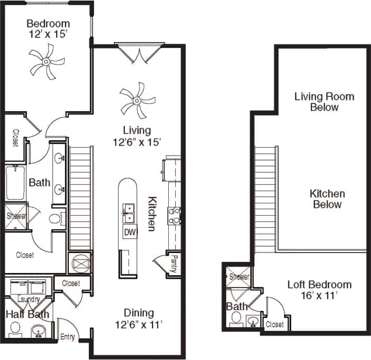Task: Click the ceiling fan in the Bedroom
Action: pyautogui.click(x=47, y=63)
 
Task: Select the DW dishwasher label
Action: pyautogui.click(x=129, y=233)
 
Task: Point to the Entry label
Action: pyautogui.click(x=68, y=337)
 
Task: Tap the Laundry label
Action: pyautogui.click(x=29, y=300)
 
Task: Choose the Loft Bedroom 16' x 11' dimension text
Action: pyautogui.click(x=319, y=296)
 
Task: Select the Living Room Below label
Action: pyautogui.click(x=315, y=102)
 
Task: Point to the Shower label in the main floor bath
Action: pyautogui.click(x=16, y=216)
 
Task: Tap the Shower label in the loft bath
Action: pyautogui.click(x=239, y=277)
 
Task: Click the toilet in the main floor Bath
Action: pyautogui.click(x=56, y=219)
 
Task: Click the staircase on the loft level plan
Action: pyautogui.click(x=265, y=199)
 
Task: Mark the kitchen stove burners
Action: pyautogui.click(x=174, y=216)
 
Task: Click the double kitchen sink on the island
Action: pyautogui.click(x=129, y=214)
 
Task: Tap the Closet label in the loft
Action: pyautogui.click(x=274, y=324)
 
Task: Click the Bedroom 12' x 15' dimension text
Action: pyautogui.click(x=48, y=34)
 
